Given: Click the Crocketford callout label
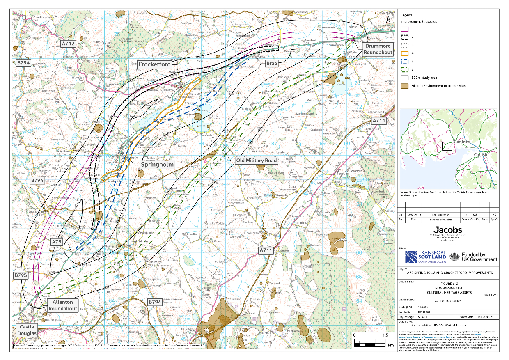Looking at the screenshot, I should tap(154, 64).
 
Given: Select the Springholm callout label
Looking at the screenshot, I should tap(157, 164).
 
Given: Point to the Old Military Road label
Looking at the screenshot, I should tap(256, 160).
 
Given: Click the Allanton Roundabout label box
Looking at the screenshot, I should tap(63, 305).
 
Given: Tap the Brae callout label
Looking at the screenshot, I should tap(271, 63).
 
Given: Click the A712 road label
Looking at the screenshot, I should tap(68, 43).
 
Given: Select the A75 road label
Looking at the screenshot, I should tap(57, 242).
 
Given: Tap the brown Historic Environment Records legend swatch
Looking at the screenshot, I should tap(405, 85).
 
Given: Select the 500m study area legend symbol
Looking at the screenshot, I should tap(405, 77).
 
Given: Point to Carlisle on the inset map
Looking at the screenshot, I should tap(481, 155).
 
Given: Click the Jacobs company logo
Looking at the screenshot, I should tap(447, 230).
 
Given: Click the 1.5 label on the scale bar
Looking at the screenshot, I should tap(385, 335).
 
